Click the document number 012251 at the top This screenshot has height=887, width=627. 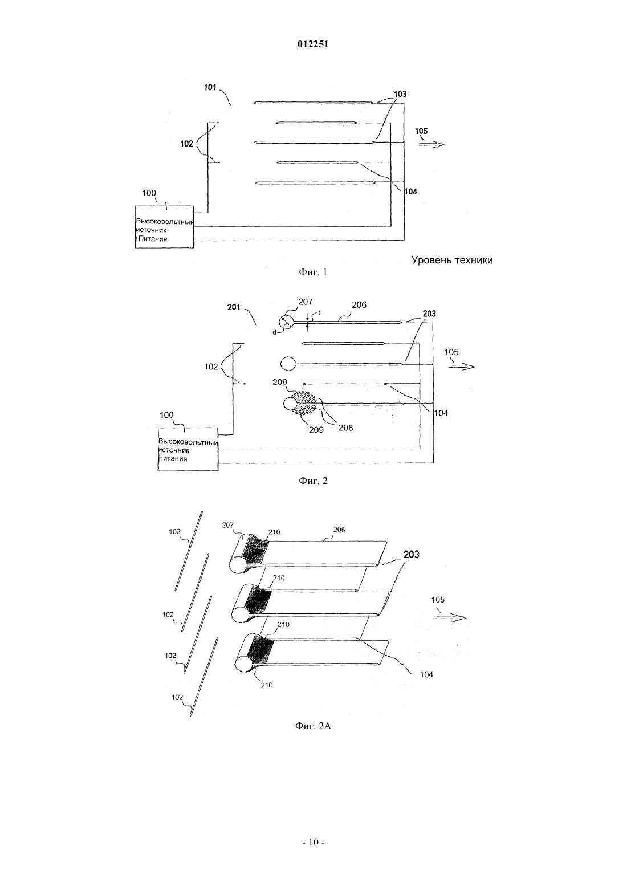(x=313, y=44)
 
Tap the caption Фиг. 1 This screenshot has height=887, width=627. (x=313, y=272)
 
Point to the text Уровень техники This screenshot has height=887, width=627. (x=452, y=260)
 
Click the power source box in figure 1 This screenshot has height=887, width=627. (x=164, y=227)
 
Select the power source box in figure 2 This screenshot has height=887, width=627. (x=188, y=449)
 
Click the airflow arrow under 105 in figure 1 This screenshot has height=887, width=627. (x=431, y=145)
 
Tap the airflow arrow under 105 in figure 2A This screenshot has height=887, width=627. (x=450, y=617)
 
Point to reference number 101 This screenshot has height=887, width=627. (x=210, y=87)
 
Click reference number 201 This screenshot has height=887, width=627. (x=234, y=307)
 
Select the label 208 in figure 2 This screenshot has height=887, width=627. (x=345, y=428)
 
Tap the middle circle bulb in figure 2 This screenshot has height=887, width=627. (x=288, y=364)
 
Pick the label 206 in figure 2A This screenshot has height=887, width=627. (x=339, y=530)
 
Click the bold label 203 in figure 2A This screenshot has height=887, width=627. (x=412, y=554)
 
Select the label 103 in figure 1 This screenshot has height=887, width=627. (x=400, y=94)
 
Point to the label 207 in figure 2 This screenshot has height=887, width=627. (x=305, y=302)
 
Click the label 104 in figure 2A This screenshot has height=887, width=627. (x=427, y=674)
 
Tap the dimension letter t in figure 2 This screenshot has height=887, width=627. (x=319, y=312)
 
